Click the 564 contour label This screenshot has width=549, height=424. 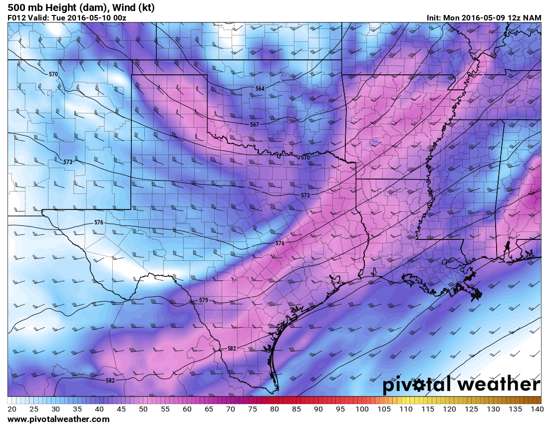(260, 89)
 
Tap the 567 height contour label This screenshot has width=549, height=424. (255, 124)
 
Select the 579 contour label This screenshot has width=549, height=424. (203, 300)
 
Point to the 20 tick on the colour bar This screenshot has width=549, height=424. (12, 410)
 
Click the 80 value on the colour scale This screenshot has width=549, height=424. (274, 410)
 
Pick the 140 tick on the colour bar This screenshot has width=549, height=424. (536, 410)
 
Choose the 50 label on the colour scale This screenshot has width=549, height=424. (143, 410)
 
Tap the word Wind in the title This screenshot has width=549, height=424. (124, 7)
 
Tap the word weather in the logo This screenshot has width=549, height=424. (499, 385)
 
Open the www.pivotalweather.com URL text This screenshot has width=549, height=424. (58, 420)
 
